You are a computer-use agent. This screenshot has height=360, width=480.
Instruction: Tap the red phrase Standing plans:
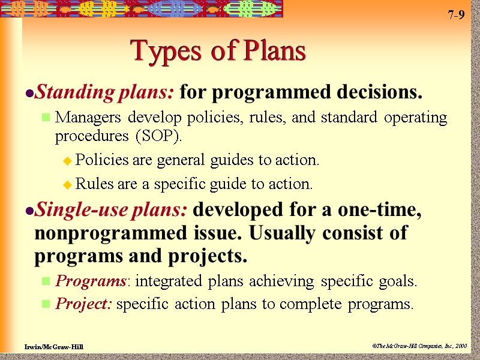pyautogui.click(x=105, y=93)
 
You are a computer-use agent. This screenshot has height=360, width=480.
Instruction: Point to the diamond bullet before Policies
pyautogui.click(x=67, y=161)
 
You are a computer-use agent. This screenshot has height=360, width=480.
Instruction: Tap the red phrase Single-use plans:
pyautogui.click(x=113, y=211)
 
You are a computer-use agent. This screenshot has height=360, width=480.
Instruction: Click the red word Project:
pyautogui.click(x=83, y=304)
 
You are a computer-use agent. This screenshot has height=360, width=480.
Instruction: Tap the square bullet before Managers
pyautogui.click(x=45, y=118)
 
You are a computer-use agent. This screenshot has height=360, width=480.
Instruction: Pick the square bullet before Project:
pyautogui.click(x=45, y=305)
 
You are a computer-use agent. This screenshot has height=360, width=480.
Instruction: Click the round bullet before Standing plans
pyautogui.click(x=29, y=94)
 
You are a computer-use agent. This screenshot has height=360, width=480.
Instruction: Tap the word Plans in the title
pyautogui.click(x=275, y=52)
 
